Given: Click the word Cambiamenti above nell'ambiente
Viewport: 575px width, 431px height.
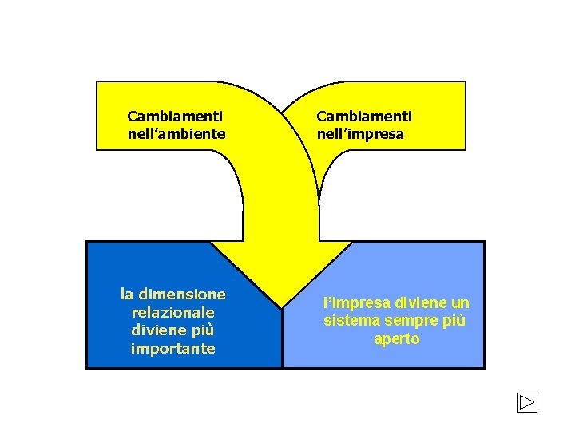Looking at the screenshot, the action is [175, 117].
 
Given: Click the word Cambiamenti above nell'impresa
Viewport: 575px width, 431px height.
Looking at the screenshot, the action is [364, 117].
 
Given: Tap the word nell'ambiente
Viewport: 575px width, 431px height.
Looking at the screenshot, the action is [176, 134].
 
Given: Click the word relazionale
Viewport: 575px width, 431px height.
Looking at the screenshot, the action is [172, 312].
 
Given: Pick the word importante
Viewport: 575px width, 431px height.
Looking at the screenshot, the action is [172, 348].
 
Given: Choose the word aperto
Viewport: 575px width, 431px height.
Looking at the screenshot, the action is [396, 338].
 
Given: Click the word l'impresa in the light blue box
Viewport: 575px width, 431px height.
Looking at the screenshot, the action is [350, 303].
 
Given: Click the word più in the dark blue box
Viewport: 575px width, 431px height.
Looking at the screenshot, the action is [202, 330].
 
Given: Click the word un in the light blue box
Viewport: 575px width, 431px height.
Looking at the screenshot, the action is [459, 303].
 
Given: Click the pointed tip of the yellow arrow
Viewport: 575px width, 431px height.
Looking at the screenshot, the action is [282, 306].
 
